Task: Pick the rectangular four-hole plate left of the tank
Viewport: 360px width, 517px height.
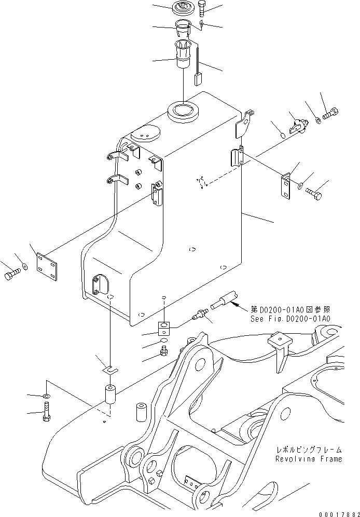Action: tap(49, 264)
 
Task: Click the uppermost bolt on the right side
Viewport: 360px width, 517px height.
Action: tap(330, 113)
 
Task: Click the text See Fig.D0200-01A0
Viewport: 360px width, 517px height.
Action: tap(290, 318)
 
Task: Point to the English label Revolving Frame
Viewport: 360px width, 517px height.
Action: tap(309, 459)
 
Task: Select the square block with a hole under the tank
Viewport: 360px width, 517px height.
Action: tap(164, 328)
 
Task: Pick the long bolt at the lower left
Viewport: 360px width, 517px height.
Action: tap(46, 414)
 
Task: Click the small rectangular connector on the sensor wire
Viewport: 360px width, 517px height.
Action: tap(198, 79)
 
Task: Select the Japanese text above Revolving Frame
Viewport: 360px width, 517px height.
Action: tap(309, 450)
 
